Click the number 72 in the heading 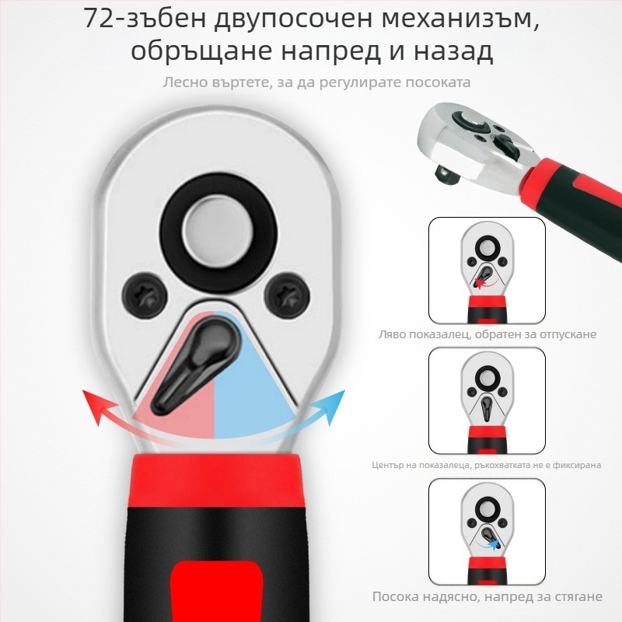coord(99,19)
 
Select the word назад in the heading coord(453,52)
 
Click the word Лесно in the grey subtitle coord(185,81)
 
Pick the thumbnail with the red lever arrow coord(487,270)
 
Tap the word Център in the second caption coord(387,465)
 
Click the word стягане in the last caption coord(576,596)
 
